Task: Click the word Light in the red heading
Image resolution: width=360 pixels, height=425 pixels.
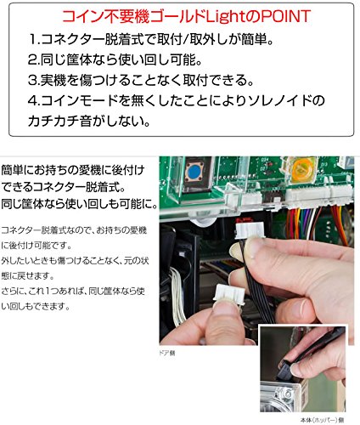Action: tap(217, 15)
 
